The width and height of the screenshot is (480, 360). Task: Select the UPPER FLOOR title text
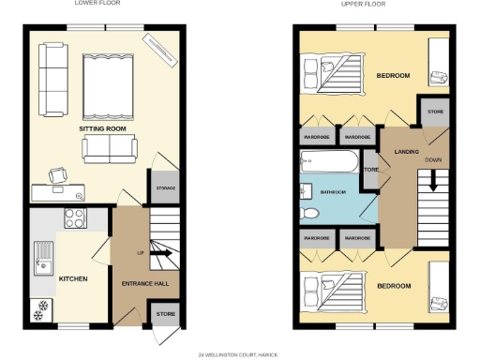click(x=363, y=4)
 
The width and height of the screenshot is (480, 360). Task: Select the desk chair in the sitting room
click(x=58, y=174)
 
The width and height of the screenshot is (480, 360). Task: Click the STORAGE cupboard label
click(x=165, y=187)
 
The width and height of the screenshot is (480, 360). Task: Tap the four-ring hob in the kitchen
click(x=73, y=218)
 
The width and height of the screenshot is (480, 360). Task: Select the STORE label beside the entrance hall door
click(x=165, y=314)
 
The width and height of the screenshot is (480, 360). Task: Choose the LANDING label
click(x=406, y=150)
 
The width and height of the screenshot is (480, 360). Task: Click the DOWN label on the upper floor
click(x=433, y=159)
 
